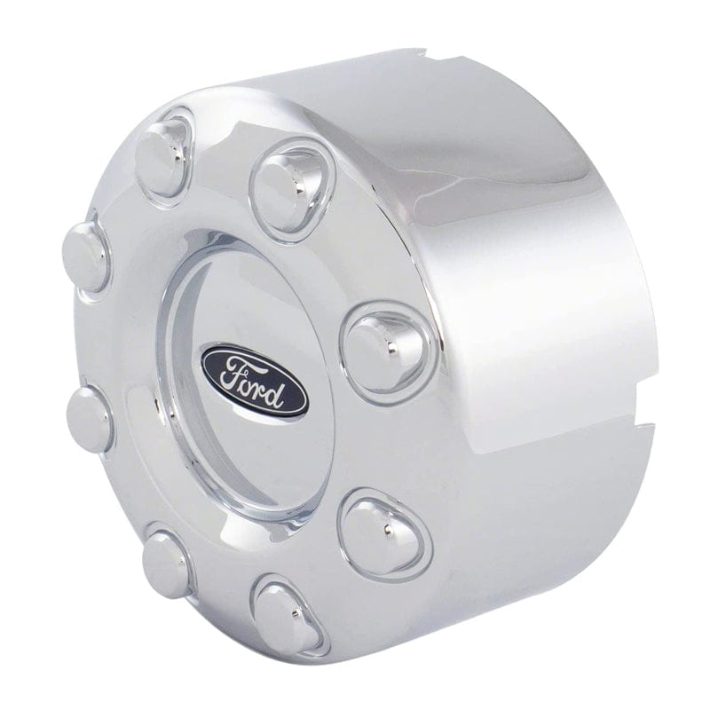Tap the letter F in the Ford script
click(x=232, y=370)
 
